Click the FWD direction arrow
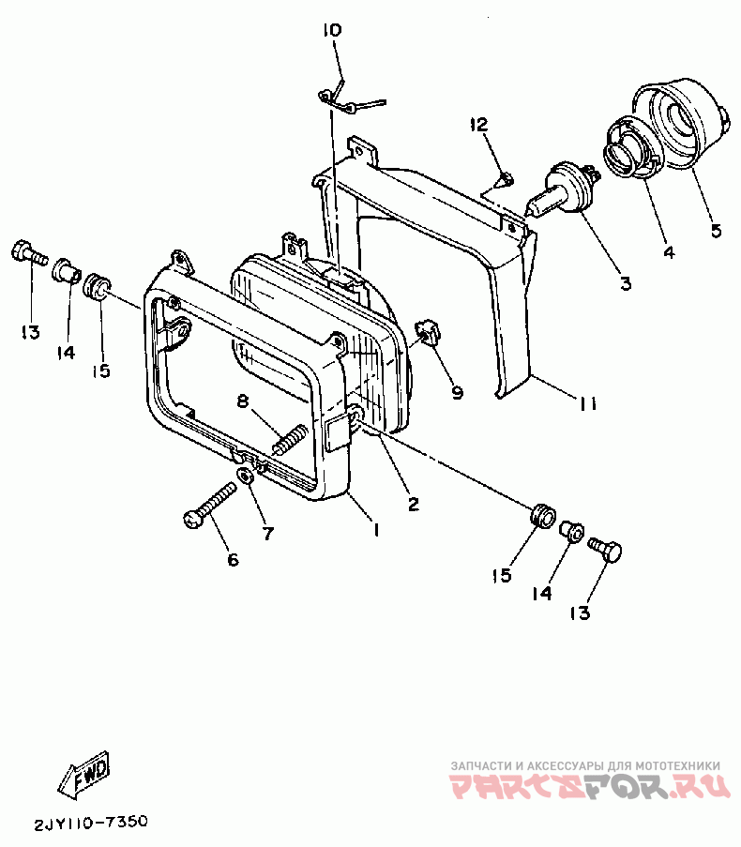click(85, 775)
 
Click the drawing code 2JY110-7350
click(91, 823)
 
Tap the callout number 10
click(332, 31)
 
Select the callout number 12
click(479, 125)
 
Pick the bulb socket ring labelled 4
click(626, 149)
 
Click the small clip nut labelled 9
click(428, 333)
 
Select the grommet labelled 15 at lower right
click(540, 516)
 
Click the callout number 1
click(375, 530)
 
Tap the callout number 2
click(413, 504)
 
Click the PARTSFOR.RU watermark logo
click(591, 786)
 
